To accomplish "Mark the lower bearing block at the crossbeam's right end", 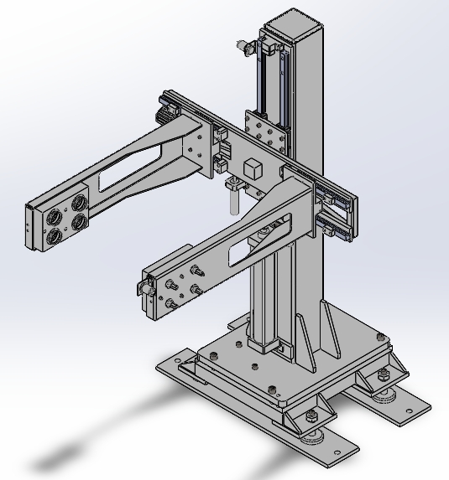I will [x=335, y=225].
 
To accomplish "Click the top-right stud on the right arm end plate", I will [x=196, y=270].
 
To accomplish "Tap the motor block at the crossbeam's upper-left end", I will [x=160, y=113].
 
